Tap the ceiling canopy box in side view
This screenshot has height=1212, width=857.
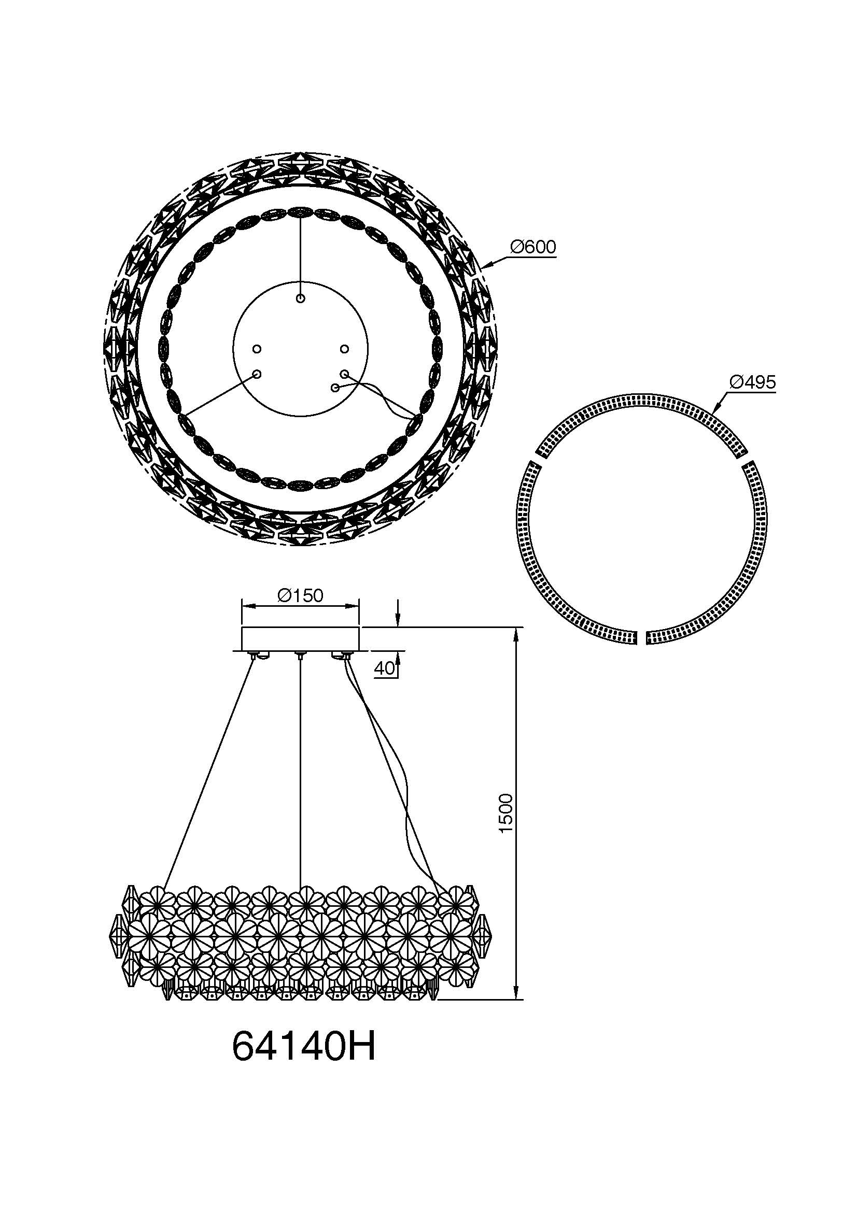300,639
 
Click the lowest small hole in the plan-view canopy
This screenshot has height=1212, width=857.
334,388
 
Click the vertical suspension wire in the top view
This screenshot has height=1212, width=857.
301,253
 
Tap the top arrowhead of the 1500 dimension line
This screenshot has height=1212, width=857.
515,633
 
